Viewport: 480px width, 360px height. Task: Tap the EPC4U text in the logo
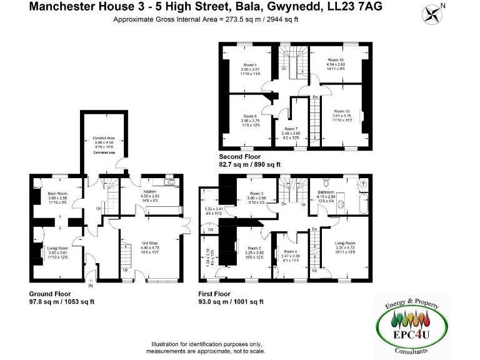(411, 336)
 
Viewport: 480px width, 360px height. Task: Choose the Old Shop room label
(150, 242)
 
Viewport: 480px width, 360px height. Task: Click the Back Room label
(57, 194)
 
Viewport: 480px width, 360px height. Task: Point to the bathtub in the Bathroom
(364, 203)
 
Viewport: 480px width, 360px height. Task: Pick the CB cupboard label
(211, 229)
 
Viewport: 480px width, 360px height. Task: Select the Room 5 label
(251, 65)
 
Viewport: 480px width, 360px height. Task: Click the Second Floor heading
(240, 156)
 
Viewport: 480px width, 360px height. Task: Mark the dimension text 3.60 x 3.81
(57, 252)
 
